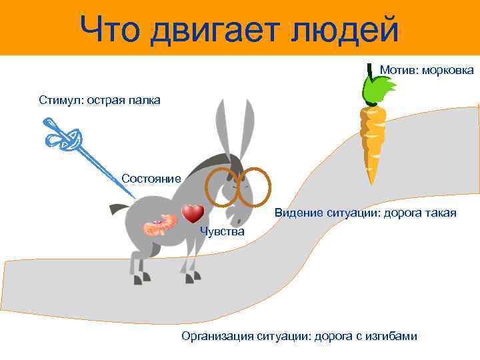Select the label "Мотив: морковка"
pos(427,69)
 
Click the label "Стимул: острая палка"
pos(99,101)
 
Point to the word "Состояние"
pos(151,179)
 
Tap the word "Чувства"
pos(222,231)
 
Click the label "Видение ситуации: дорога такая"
pos(365,213)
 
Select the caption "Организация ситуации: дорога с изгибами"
pos(299,336)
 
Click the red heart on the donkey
pos(193,213)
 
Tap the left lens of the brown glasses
pos(219,186)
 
